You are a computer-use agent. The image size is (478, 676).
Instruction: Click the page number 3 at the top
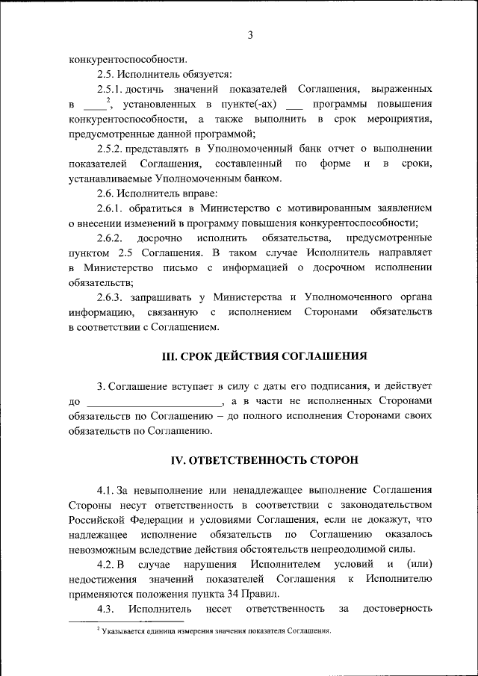coord(250,35)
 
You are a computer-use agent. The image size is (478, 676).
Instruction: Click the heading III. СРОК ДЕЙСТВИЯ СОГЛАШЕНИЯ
coord(264,356)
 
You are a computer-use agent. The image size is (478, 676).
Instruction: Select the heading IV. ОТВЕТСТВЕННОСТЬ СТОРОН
coord(264,459)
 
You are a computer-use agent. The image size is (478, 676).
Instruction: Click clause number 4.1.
coord(107,489)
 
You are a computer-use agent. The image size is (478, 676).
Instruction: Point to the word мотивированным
coord(325,208)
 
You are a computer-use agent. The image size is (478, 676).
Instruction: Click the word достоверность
coord(397,609)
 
